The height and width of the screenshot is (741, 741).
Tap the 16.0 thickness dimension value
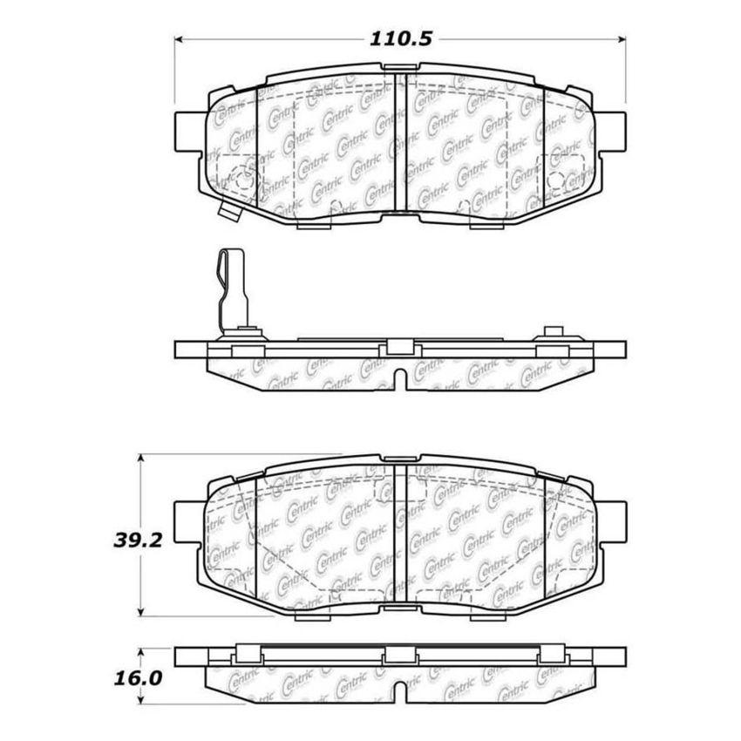coord(130,677)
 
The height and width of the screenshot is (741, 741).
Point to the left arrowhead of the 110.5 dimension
coord(180,39)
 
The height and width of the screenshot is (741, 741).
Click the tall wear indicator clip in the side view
coord(230,289)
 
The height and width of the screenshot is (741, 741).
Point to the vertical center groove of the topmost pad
coord(397,144)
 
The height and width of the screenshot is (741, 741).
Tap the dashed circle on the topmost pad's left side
coord(245,181)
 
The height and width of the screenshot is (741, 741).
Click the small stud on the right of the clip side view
coord(551,332)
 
